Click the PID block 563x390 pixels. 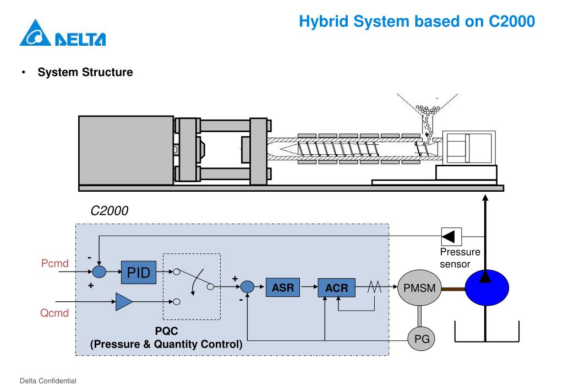(139, 272)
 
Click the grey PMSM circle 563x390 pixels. (419, 287)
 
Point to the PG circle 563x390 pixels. (421, 338)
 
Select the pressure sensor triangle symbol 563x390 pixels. (451, 237)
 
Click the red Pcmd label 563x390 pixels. (55, 263)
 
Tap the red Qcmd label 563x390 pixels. (55, 314)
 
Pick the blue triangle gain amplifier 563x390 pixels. (124, 301)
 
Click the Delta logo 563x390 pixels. (63, 34)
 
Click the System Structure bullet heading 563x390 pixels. (85, 72)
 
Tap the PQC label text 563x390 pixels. (166, 333)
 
